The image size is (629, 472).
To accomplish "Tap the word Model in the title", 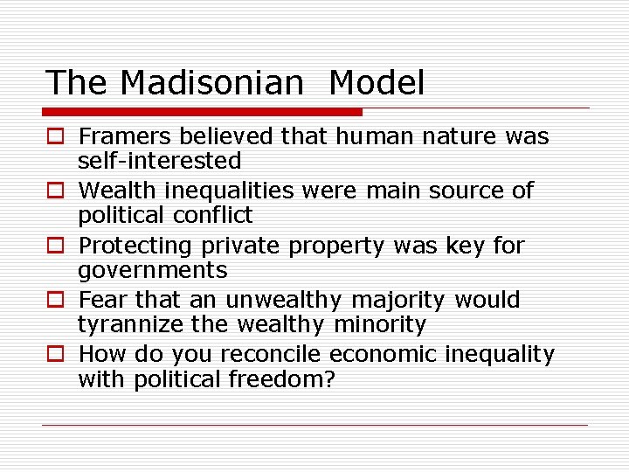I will click(x=377, y=83).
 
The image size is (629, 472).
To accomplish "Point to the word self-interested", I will click(x=159, y=161).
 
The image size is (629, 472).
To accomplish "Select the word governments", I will click(x=152, y=270).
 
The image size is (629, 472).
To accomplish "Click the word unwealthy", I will click(x=284, y=301).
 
